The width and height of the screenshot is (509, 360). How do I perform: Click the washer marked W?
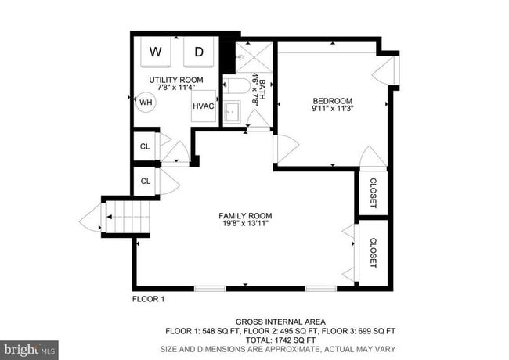[x=156, y=52]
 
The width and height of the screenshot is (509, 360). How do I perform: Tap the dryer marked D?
[x=199, y=52]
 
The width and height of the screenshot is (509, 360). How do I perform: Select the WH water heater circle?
[x=146, y=102]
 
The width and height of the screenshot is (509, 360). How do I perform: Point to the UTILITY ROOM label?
[x=177, y=80]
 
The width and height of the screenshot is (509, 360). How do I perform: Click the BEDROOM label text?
[x=333, y=100]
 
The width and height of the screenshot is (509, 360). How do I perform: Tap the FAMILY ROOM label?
[x=245, y=215]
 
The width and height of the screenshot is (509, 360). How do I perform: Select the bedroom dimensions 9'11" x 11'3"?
[x=333, y=110]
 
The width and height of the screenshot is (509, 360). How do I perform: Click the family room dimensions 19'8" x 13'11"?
[x=245, y=225]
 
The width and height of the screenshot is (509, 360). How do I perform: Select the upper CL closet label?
[x=145, y=146]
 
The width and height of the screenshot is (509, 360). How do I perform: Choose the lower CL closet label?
[x=145, y=181]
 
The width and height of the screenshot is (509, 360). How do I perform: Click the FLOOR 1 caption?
[x=148, y=299]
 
